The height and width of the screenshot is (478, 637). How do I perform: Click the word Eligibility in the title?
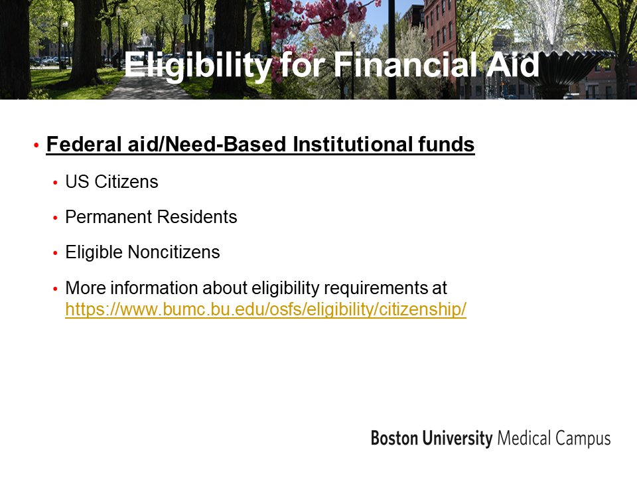198,66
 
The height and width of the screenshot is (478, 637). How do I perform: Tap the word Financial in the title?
405,64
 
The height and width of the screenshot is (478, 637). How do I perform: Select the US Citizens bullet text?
111,182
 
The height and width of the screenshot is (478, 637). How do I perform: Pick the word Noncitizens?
174,252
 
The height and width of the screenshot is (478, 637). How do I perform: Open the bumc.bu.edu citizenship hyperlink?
265,309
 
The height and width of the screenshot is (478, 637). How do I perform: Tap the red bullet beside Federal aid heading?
36,145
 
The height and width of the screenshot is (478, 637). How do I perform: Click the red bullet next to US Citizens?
55,183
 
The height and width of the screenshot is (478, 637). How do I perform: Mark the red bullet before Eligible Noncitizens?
55,253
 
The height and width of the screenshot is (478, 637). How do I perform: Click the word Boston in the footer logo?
394,438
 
